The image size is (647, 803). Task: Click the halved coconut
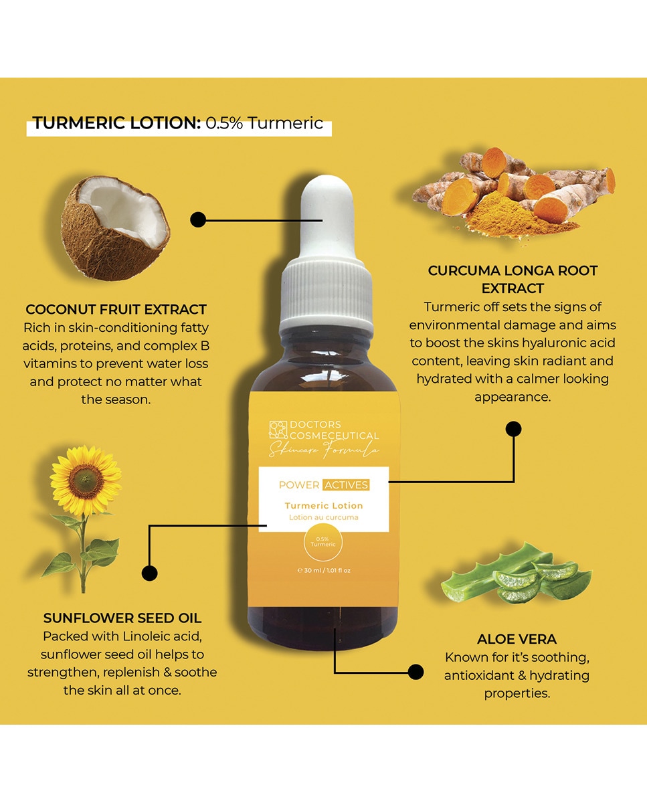[x=116, y=228]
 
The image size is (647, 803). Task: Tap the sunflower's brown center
[x=86, y=478]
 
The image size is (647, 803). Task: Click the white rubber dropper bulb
[x=327, y=216]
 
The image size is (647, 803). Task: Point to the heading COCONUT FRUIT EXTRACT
[x=116, y=309]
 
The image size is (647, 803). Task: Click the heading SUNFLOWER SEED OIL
[x=122, y=618]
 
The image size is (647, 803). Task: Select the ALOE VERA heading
[x=517, y=639]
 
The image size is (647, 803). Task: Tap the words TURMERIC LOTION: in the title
[x=117, y=123]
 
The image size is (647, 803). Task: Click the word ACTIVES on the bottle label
[x=347, y=485]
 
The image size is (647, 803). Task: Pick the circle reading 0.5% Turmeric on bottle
[x=323, y=542]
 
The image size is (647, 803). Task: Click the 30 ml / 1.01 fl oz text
[x=324, y=570]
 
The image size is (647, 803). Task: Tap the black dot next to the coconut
[x=198, y=219]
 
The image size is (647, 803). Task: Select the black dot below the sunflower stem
[x=150, y=573]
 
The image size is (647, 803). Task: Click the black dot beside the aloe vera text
[x=415, y=672]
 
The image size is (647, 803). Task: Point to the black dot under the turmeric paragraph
[x=513, y=429]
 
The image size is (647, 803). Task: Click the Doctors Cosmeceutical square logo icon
[x=278, y=430]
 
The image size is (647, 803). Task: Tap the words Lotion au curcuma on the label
[x=324, y=517]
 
